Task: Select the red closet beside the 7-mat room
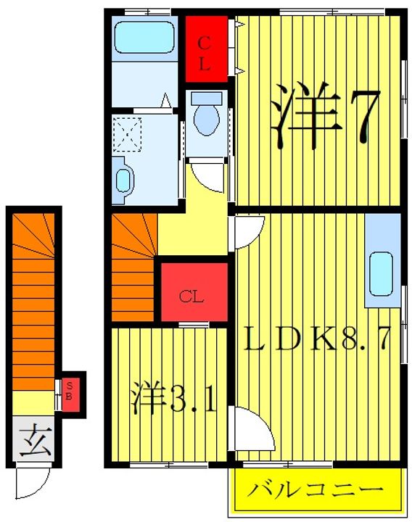[x=205, y=50]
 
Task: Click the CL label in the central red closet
[x=191, y=297]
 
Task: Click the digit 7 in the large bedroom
[x=358, y=117]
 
